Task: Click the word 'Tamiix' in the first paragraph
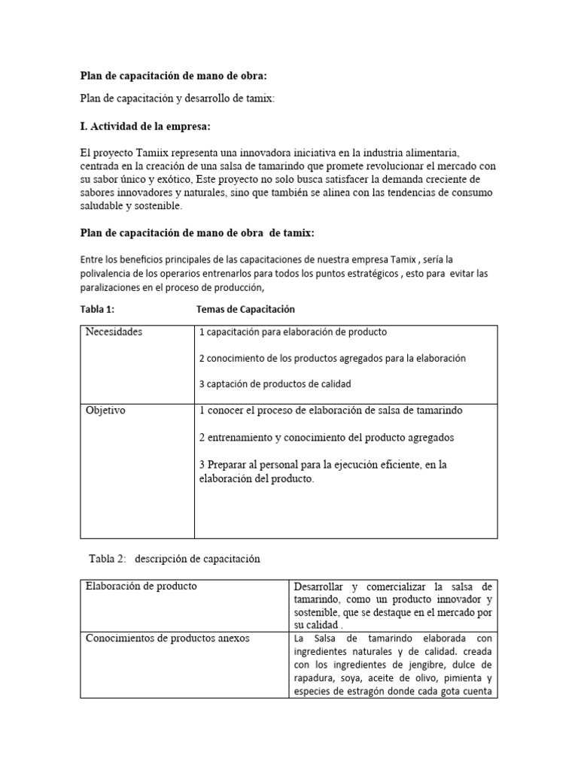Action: pos(147,153)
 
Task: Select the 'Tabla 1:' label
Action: pos(97,309)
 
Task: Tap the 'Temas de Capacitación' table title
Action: pos(245,309)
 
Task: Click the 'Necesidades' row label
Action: pos(114,332)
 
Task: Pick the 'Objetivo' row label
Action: pos(106,411)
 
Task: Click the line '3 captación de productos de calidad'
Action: pos(275,383)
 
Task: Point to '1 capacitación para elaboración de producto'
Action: pos(293,332)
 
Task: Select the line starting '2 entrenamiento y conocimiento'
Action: pos(327,437)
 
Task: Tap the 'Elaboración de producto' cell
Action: pos(141,586)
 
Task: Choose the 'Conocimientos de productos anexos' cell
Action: pos(168,638)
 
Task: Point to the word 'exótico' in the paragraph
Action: pos(171,178)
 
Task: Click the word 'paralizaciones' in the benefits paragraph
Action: pos(111,287)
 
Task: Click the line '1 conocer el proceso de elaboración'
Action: pos(331,411)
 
